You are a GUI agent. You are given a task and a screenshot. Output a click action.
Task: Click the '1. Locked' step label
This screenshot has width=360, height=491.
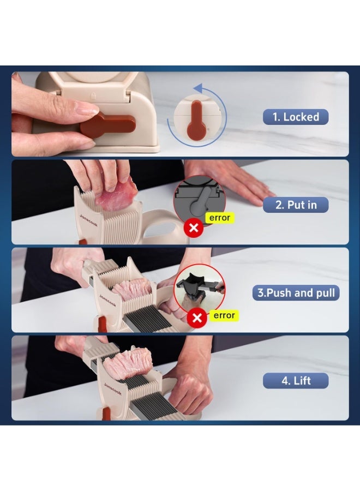[x=296, y=117]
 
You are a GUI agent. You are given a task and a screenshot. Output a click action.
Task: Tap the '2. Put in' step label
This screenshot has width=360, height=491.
[x=296, y=205]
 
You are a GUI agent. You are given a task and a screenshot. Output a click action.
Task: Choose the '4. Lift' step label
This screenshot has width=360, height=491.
[x=296, y=380]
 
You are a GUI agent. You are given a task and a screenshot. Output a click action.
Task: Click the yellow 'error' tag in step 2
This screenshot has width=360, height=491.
[x=219, y=218]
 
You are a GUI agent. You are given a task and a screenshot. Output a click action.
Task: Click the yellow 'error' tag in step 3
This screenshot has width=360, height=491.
[x=224, y=315]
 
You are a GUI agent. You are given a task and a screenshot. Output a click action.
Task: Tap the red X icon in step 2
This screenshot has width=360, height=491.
[x=193, y=228]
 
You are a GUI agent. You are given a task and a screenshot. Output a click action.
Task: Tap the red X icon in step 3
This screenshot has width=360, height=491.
[x=196, y=318]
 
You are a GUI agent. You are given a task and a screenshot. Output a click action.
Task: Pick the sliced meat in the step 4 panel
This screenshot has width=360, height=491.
[x=127, y=366]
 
